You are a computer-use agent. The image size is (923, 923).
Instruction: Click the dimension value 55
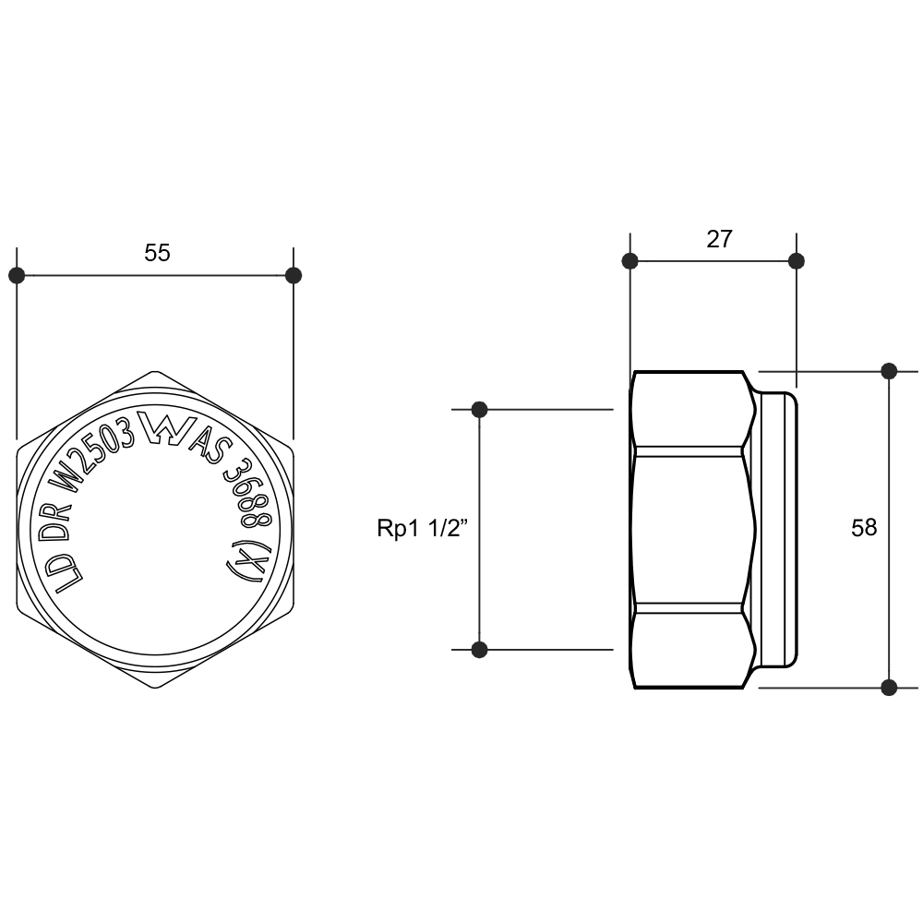(x=157, y=253)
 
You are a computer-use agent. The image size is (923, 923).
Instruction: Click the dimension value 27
(x=719, y=239)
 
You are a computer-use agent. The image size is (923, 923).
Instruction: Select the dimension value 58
(x=864, y=527)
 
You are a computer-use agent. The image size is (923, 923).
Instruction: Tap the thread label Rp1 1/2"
(x=422, y=528)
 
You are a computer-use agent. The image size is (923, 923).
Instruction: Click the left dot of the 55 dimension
(x=17, y=275)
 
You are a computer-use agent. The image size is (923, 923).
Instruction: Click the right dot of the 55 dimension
(x=294, y=275)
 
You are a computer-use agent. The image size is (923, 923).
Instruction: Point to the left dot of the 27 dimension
(x=629, y=261)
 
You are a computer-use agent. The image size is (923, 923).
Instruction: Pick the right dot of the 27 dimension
(x=797, y=261)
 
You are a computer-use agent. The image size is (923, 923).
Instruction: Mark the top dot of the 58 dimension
(x=889, y=371)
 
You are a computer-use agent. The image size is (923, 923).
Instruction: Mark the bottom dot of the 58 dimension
(x=889, y=687)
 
